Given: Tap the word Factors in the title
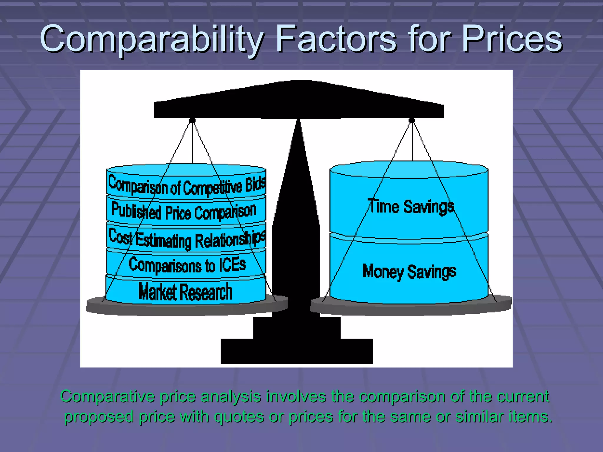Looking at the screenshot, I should [336, 39].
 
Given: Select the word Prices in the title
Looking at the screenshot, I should [512, 39].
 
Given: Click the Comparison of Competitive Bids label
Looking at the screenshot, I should [187, 185].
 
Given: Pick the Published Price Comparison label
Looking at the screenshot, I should [184, 211].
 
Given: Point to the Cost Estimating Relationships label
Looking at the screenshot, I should [187, 239].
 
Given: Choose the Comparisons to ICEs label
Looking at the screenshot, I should [187, 265].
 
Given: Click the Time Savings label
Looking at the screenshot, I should [411, 206].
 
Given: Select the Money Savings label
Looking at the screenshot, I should [409, 271].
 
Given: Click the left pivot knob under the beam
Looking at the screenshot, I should [192, 120].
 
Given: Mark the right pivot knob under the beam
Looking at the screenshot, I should [412, 120].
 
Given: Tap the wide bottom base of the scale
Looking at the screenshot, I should [297, 351].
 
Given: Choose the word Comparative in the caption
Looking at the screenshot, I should [107, 396].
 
